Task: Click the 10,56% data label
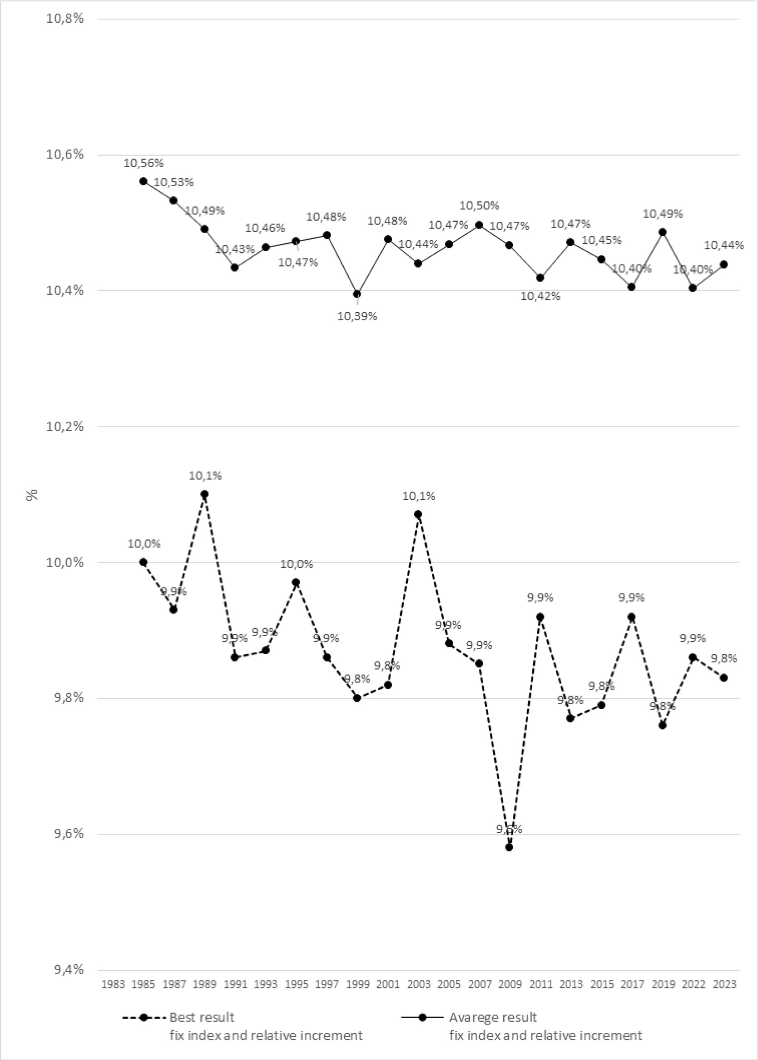(144, 164)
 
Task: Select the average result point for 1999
(357, 294)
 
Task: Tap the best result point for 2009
(509, 847)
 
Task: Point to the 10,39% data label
(357, 317)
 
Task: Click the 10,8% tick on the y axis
(65, 19)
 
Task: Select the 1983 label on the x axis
(113, 985)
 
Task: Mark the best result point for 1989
(204, 494)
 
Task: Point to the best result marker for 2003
(418, 514)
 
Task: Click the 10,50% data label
(479, 205)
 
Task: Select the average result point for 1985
(144, 181)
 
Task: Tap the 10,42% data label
(540, 296)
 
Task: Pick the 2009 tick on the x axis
(510, 985)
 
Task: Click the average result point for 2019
(662, 232)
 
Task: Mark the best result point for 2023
(723, 677)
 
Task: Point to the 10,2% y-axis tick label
(65, 426)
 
